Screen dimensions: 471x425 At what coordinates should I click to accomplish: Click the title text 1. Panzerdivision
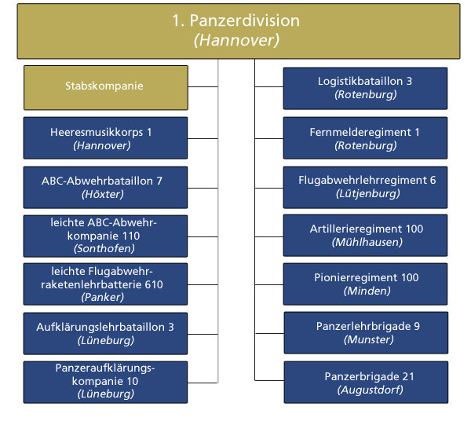(235, 20)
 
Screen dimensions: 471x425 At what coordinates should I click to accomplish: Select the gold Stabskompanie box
(106, 88)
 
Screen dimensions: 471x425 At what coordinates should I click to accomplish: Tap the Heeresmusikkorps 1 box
(105, 138)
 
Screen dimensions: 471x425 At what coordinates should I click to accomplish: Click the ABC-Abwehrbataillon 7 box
(105, 187)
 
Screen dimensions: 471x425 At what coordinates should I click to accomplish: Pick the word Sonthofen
(104, 248)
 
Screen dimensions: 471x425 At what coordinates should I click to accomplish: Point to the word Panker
(102, 297)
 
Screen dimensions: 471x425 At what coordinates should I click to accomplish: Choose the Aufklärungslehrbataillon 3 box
(105, 334)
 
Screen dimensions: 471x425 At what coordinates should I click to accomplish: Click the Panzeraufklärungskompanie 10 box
(105, 383)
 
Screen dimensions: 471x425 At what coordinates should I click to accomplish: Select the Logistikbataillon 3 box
(365, 88)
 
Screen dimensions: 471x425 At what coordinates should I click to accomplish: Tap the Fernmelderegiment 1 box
(365, 138)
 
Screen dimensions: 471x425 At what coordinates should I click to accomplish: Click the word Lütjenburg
(368, 194)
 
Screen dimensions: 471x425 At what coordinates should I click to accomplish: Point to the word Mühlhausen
(367, 242)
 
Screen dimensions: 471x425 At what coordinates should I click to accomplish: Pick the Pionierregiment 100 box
(365, 284)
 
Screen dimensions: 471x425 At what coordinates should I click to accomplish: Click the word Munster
(369, 340)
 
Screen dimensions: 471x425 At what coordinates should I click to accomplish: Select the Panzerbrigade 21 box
(366, 383)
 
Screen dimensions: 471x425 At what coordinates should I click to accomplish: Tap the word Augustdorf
(370, 390)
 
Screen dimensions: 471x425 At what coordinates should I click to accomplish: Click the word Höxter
(102, 195)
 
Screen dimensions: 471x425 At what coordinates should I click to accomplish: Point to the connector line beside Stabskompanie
(203, 87)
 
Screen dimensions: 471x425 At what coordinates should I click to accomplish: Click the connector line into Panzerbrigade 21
(269, 380)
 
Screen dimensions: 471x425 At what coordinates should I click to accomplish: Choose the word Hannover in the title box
(236, 40)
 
